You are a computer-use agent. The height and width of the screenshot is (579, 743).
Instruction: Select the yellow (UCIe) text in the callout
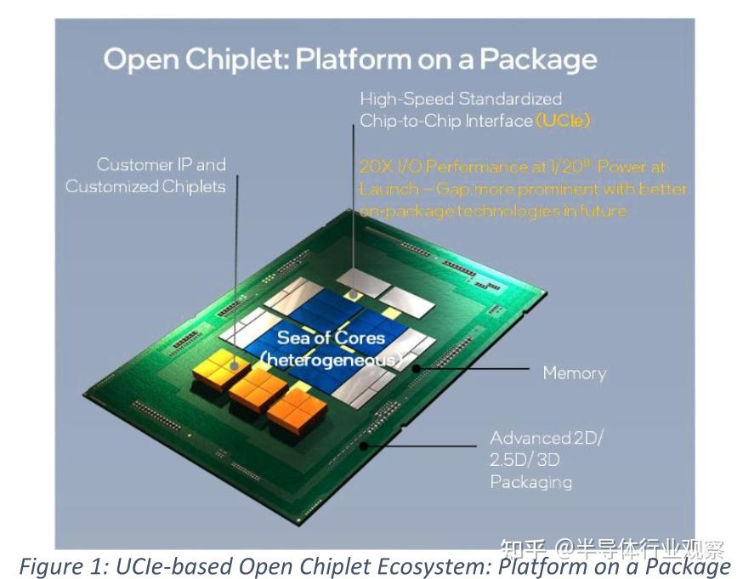click(563, 121)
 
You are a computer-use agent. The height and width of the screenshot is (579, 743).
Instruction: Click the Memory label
click(574, 373)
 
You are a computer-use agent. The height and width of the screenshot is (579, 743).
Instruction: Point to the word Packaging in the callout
click(530, 482)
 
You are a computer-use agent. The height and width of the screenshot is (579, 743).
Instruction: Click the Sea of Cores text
click(331, 338)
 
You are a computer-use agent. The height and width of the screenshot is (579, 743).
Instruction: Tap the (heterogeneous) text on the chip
click(332, 360)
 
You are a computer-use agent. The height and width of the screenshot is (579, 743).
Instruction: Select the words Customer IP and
click(161, 164)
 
